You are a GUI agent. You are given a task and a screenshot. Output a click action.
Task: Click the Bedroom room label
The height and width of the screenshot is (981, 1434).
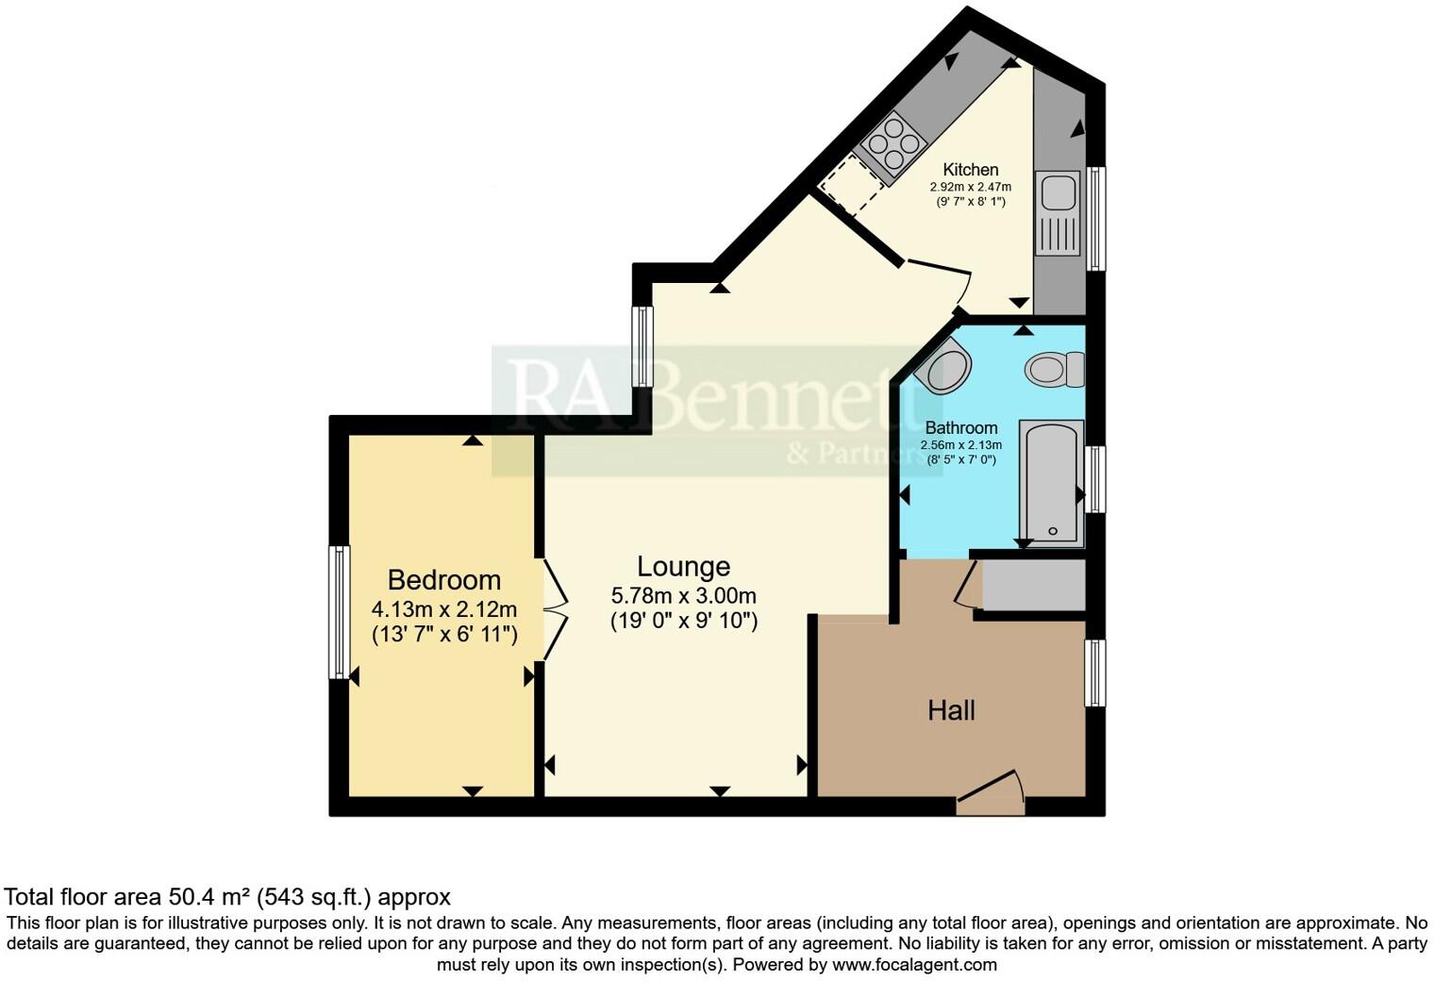click(443, 580)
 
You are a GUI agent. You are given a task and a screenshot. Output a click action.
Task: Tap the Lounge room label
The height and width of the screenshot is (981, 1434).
click(683, 566)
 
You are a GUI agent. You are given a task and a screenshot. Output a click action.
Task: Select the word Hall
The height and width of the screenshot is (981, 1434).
click(950, 710)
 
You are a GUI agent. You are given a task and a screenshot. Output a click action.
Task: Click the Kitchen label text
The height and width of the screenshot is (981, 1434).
click(970, 170)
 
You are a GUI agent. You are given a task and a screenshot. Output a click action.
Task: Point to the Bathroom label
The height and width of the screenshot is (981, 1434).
click(960, 427)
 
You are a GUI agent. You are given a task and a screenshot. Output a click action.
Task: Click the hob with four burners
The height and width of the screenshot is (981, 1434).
click(893, 144)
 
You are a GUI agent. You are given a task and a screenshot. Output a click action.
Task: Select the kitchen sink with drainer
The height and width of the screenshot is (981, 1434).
click(1057, 213)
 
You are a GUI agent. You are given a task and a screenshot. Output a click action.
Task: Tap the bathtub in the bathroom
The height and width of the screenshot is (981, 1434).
click(1051, 483)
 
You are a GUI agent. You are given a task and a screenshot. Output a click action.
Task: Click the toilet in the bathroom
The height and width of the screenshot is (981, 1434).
click(1055, 368)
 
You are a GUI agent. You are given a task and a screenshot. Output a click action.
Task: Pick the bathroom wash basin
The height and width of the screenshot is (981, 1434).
click(944, 366)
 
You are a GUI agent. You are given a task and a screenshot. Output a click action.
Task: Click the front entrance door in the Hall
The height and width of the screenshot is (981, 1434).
click(991, 792)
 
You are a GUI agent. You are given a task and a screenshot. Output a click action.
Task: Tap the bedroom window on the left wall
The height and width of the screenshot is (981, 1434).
click(339, 611)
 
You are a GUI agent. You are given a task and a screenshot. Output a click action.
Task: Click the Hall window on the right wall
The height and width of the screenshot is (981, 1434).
click(1094, 673)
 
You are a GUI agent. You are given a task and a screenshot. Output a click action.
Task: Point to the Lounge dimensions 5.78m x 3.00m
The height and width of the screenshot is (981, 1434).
click(683, 596)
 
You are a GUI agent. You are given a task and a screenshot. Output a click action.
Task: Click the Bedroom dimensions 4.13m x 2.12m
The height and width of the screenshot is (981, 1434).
click(443, 609)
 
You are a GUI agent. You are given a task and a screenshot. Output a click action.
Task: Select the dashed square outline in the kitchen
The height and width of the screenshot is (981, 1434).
click(852, 186)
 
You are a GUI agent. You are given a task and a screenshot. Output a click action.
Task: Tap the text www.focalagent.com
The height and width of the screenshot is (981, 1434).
click(913, 965)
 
